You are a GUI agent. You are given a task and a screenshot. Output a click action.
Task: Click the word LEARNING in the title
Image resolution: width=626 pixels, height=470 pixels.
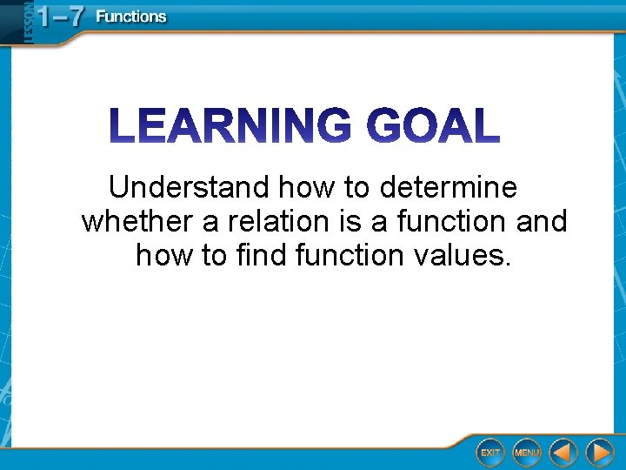coord(231,127)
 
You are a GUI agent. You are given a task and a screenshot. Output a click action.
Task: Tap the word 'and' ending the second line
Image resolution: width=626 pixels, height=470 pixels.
coord(541,221)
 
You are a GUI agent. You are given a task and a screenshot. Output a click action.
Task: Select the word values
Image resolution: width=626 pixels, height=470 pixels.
coord(463,255)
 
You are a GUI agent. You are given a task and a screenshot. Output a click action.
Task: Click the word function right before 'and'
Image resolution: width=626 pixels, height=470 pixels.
coord(451,221)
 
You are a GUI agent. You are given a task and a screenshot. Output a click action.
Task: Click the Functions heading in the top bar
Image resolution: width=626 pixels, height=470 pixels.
coord(130,17)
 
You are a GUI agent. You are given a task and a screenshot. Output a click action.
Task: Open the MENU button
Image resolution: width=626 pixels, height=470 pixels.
coord(526,453)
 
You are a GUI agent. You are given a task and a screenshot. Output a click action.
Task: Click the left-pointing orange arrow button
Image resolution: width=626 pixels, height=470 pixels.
coord(563,453)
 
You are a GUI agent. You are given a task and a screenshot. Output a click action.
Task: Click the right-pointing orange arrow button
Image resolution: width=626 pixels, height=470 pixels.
coord(600,453)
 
